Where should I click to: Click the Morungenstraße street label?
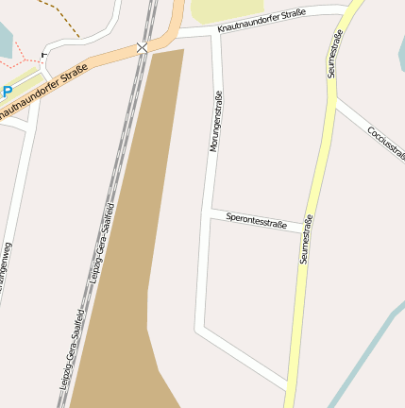[215, 121]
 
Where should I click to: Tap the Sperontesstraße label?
[256, 222]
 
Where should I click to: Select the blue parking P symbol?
[7, 92]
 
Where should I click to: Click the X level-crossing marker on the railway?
[142, 46]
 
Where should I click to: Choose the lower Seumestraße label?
[306, 240]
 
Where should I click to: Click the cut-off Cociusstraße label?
[385, 142]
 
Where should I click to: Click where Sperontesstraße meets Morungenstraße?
[209, 215]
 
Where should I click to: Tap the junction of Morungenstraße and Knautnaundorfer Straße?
[216, 32]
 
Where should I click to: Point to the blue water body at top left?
[6, 38]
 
